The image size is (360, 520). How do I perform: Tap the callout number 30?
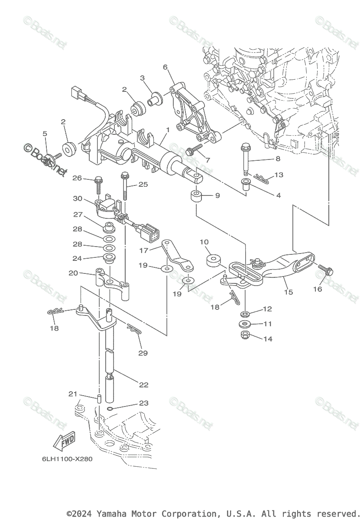pyautogui.click(x=78, y=198)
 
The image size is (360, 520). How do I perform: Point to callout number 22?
pyautogui.click(x=143, y=384)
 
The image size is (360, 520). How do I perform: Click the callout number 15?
pyautogui.click(x=289, y=292)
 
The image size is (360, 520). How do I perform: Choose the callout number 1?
pyautogui.click(x=168, y=129)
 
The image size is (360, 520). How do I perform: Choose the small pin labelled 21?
pyautogui.click(x=98, y=398)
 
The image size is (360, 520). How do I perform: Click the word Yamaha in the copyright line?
pyautogui.click(x=112, y=514)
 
